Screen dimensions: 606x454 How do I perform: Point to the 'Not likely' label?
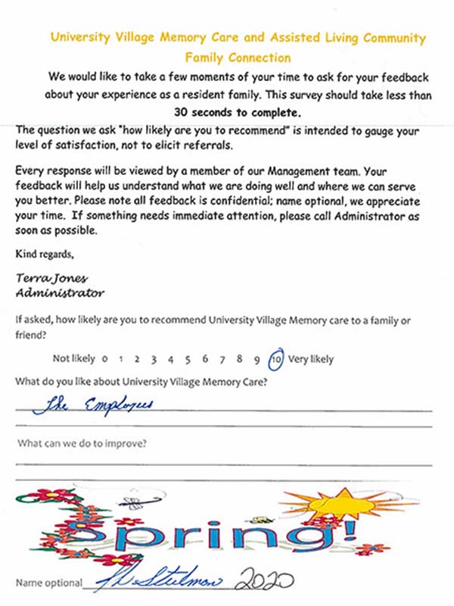pyautogui.click(x=74, y=359)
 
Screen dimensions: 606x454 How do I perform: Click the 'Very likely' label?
pyautogui.click(x=311, y=359)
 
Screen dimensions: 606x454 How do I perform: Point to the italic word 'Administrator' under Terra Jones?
pyautogui.click(x=60, y=292)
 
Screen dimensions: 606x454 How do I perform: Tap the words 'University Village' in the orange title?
pyautogui.click(x=97, y=38)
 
